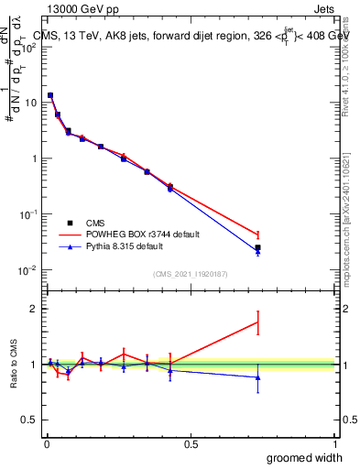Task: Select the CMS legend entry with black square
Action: click(x=90, y=222)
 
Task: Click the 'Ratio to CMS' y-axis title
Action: click(x=13, y=365)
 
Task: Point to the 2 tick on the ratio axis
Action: click(x=34, y=309)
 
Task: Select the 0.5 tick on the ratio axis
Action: click(x=30, y=420)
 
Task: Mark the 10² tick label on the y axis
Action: click(x=27, y=47)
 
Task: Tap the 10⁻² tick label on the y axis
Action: click(x=27, y=269)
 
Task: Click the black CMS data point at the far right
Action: click(x=258, y=247)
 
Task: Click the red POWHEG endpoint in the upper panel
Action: click(x=258, y=235)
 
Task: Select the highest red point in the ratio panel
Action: click(x=258, y=322)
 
